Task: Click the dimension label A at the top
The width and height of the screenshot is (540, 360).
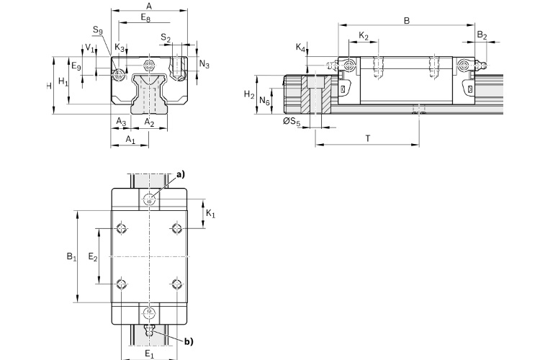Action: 148,5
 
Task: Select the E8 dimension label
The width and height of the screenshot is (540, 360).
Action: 146,16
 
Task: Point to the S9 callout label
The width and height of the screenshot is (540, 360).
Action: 98,30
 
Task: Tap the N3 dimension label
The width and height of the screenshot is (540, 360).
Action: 204,65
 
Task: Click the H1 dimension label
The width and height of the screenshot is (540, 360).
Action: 63,82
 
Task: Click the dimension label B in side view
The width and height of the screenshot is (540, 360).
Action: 407,22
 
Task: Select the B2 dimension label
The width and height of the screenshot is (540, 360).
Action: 482,35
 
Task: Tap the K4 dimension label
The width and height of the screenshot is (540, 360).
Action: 301,48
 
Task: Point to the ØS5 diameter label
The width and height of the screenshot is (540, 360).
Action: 292,122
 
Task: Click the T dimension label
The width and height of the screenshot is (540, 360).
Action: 367,137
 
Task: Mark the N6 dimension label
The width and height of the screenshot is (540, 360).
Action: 265,102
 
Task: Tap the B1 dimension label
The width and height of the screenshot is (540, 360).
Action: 70,256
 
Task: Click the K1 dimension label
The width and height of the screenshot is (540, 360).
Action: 210,214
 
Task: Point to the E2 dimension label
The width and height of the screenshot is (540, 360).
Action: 92,256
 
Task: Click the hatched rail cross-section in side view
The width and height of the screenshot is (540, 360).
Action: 316,95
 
